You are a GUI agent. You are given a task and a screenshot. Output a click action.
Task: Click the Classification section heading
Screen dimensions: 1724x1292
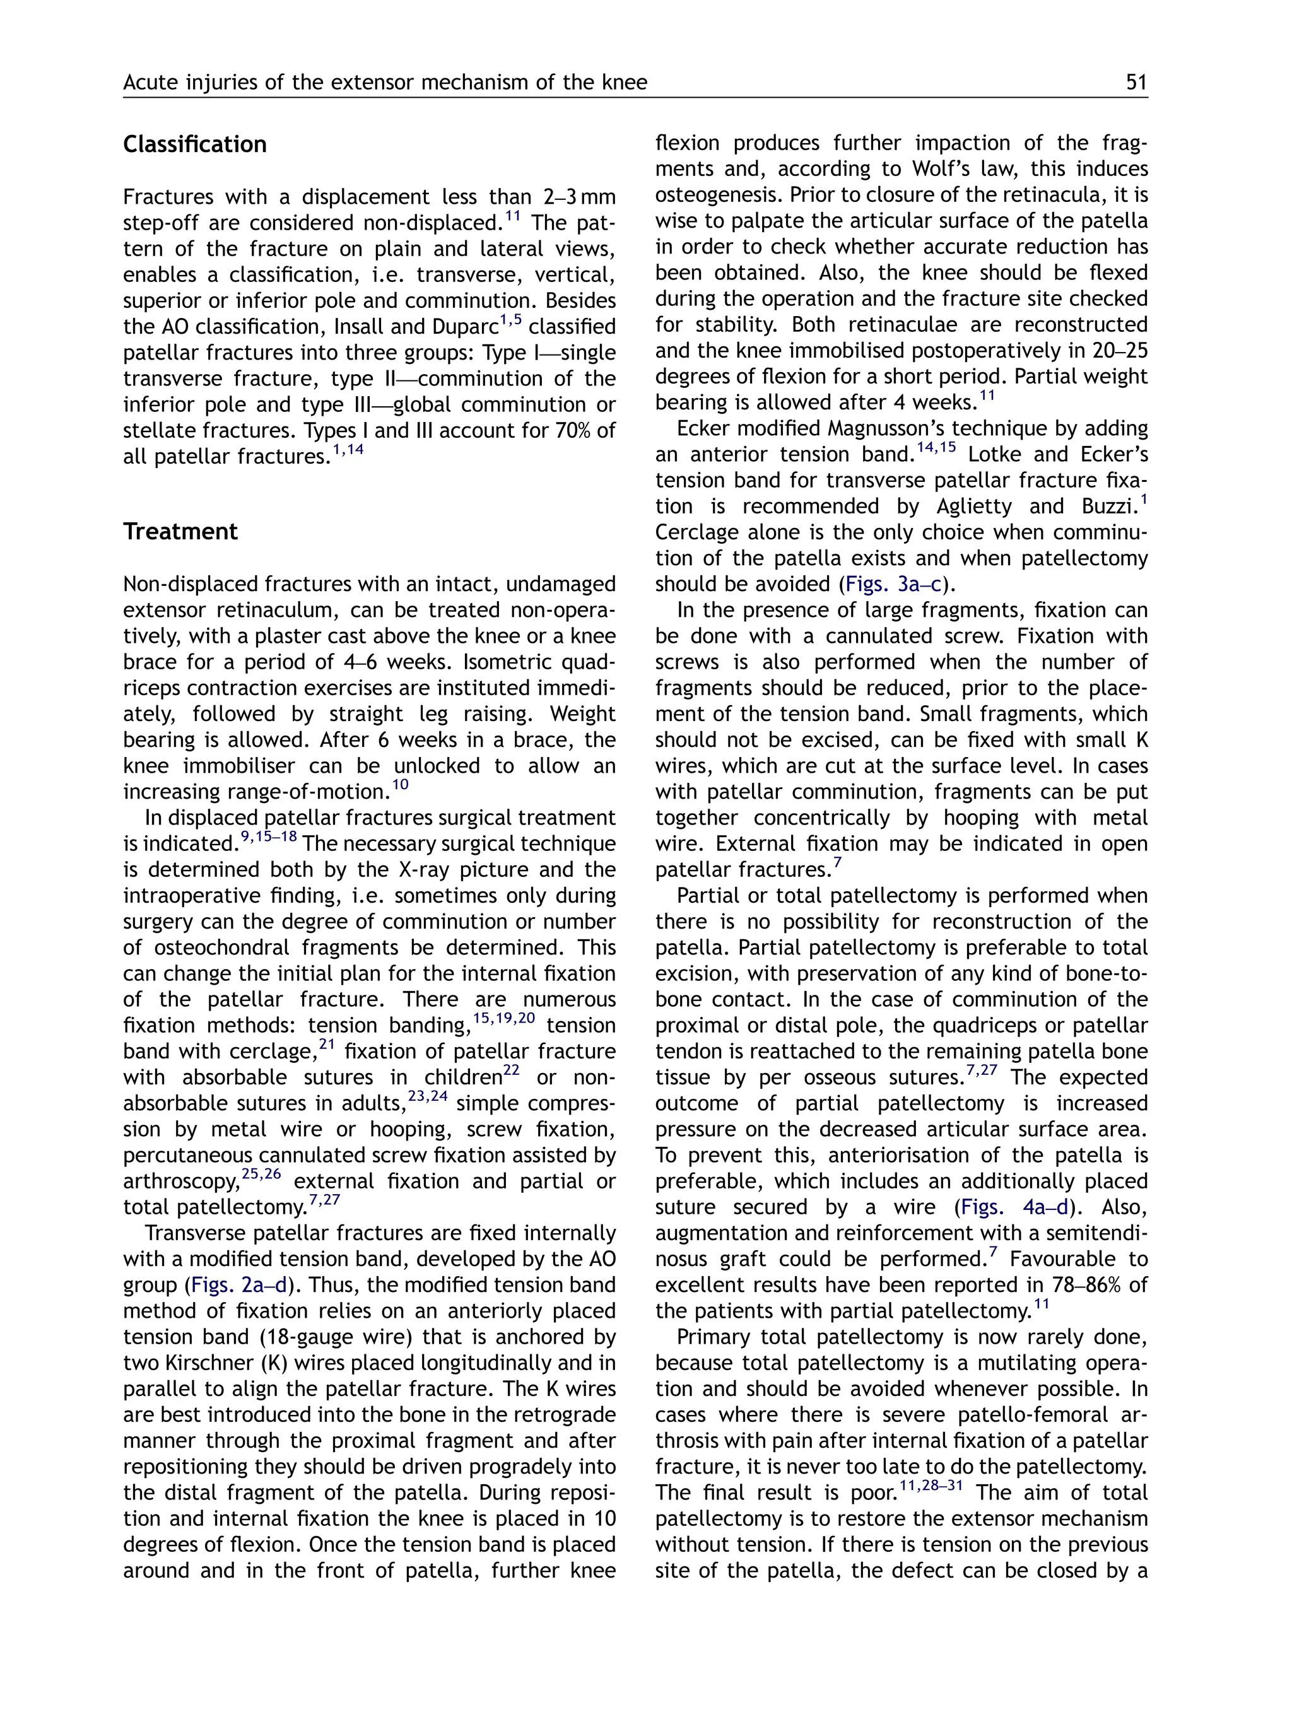(x=194, y=145)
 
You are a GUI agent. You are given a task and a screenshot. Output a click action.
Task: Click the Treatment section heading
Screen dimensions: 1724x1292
(x=180, y=532)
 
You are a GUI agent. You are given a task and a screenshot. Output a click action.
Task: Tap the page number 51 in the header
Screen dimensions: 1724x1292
(x=1136, y=83)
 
